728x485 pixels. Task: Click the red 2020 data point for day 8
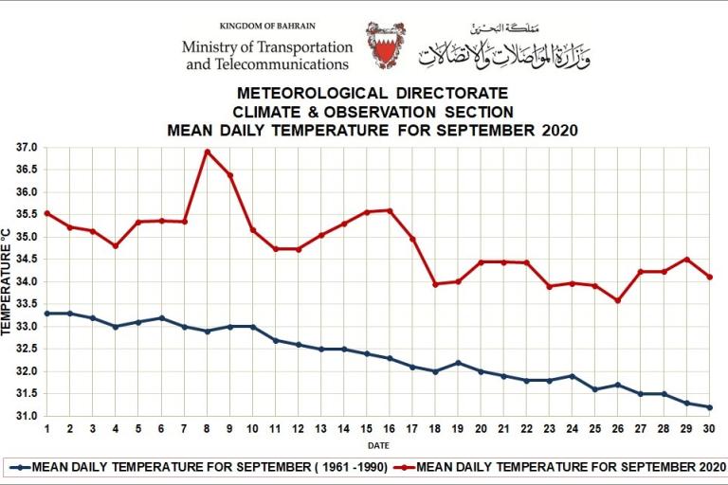[207, 152]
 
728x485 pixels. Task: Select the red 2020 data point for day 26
[618, 300]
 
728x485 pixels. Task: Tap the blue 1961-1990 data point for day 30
[709, 407]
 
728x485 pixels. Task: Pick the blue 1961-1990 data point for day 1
[47, 313]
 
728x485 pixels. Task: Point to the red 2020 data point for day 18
[435, 284]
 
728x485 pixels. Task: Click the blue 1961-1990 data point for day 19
[458, 363]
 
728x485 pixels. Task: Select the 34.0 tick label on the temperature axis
[26, 282]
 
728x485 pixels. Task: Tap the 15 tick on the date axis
[367, 428]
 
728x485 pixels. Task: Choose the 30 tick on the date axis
[709, 428]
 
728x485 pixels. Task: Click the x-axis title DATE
[378, 444]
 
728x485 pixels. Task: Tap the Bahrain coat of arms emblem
[386, 45]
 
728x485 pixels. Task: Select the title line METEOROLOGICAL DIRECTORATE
[372, 94]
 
